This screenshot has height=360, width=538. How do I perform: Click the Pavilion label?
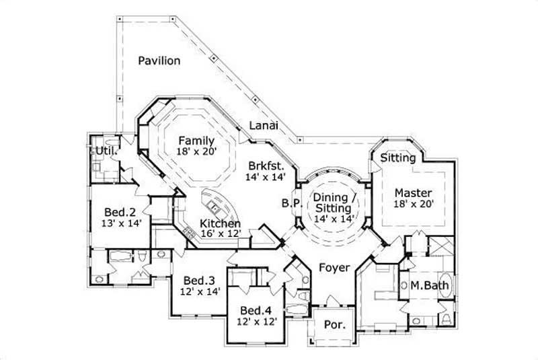click(x=159, y=61)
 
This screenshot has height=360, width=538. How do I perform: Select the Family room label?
click(x=196, y=141)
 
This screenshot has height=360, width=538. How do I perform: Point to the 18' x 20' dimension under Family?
click(x=196, y=152)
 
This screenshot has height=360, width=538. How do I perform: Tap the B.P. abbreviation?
click(x=291, y=203)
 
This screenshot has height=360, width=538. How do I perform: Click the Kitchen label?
click(x=221, y=223)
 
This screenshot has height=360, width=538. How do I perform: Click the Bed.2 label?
click(x=118, y=211)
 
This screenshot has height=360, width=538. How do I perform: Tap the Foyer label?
click(x=334, y=268)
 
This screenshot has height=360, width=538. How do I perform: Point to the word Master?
click(x=413, y=192)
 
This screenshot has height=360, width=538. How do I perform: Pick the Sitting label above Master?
click(x=397, y=158)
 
